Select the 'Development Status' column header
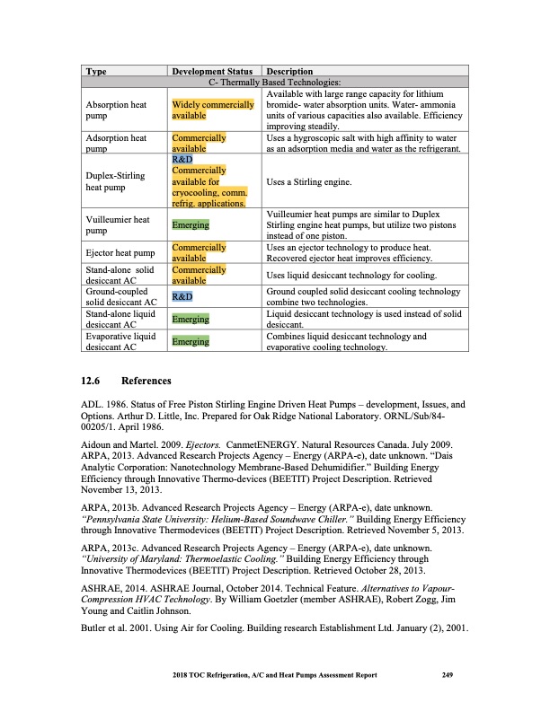click(211, 71)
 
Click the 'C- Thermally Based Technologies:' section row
click(275, 82)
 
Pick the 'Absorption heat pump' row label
click(114, 110)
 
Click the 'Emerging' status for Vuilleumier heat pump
click(191, 224)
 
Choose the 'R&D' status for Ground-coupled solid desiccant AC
click(182, 296)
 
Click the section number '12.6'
click(93, 381)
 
